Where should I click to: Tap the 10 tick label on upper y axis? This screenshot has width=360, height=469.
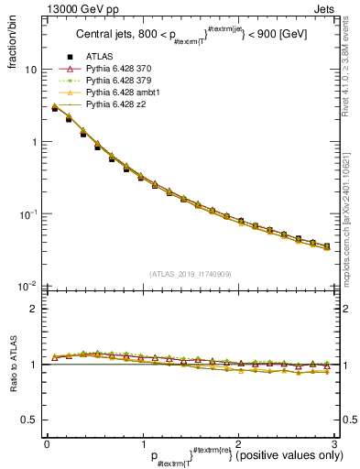[x=28, y=71]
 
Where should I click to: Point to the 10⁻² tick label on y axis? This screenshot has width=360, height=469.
[x=26, y=286]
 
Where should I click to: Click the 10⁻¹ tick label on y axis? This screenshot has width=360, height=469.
[x=26, y=214]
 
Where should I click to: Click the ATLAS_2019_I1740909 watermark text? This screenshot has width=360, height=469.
[x=191, y=273]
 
